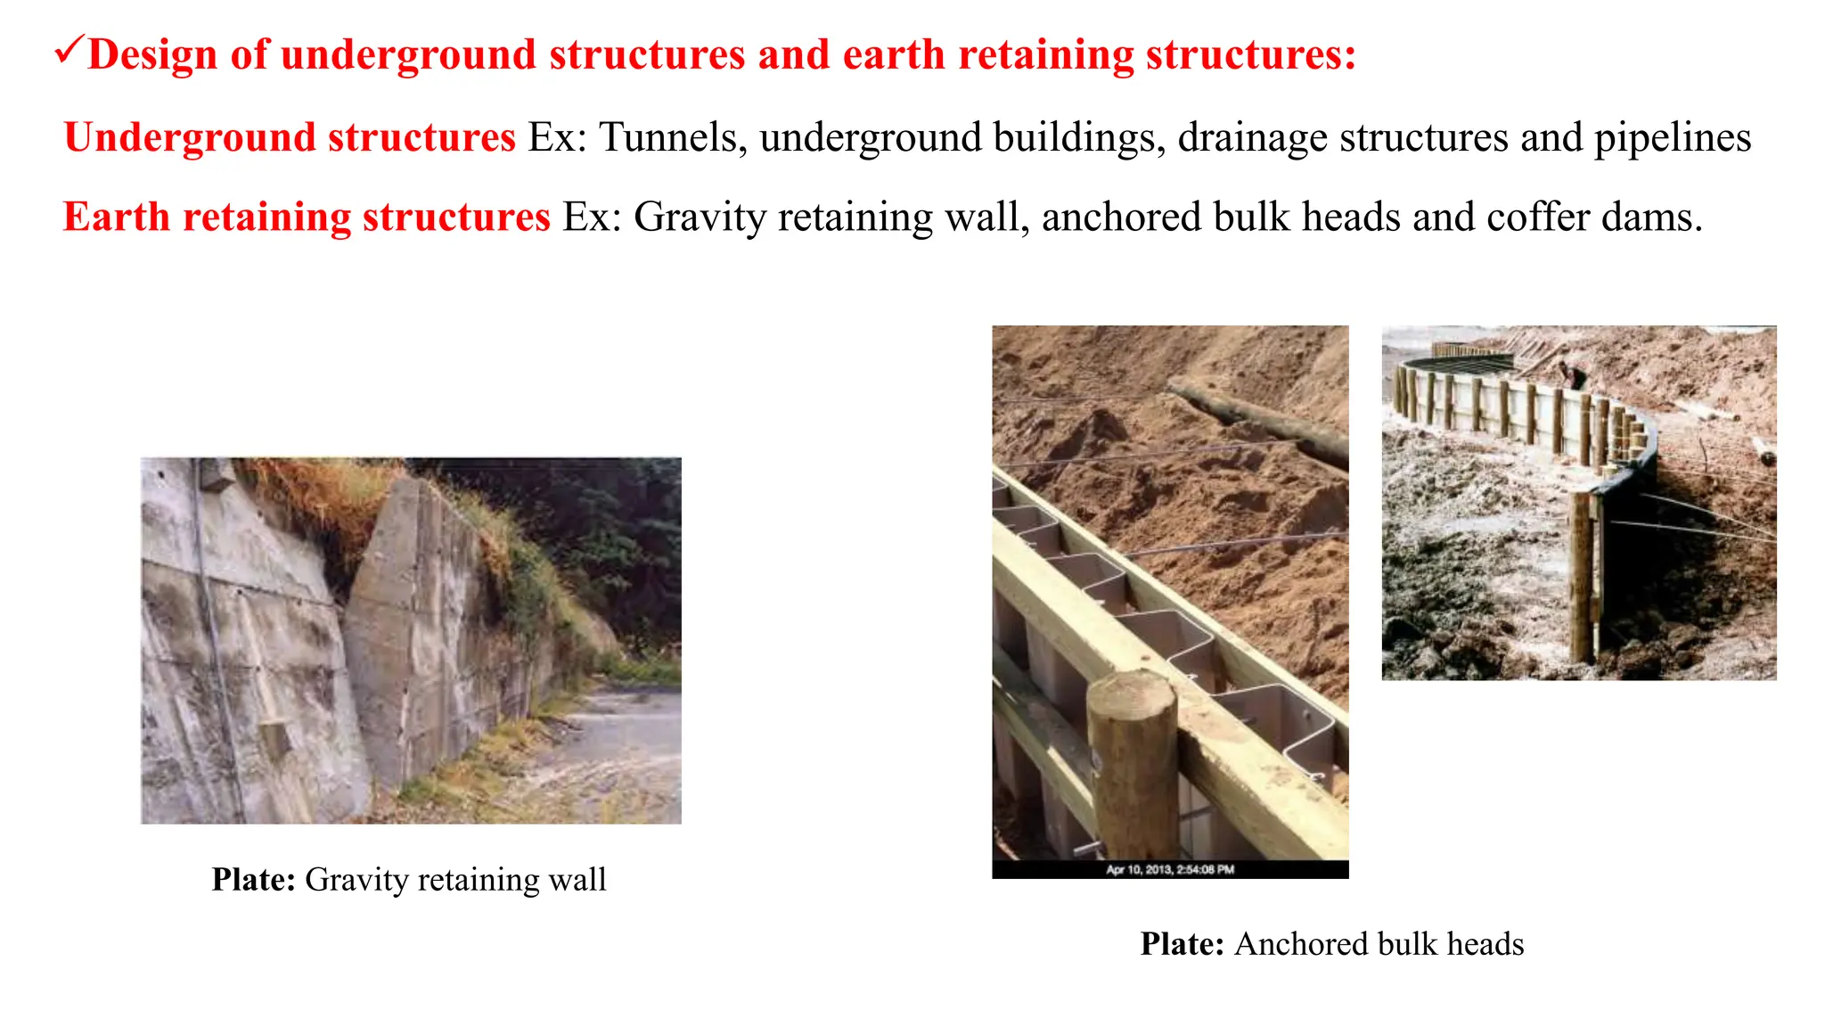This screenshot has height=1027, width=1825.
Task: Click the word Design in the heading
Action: point(152,55)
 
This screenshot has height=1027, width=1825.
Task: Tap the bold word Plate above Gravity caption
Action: point(253,880)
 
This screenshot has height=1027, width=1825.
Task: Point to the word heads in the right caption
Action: point(1485,944)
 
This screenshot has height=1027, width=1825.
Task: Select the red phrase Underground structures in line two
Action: point(290,138)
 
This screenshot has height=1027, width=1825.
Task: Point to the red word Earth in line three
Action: point(117,218)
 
